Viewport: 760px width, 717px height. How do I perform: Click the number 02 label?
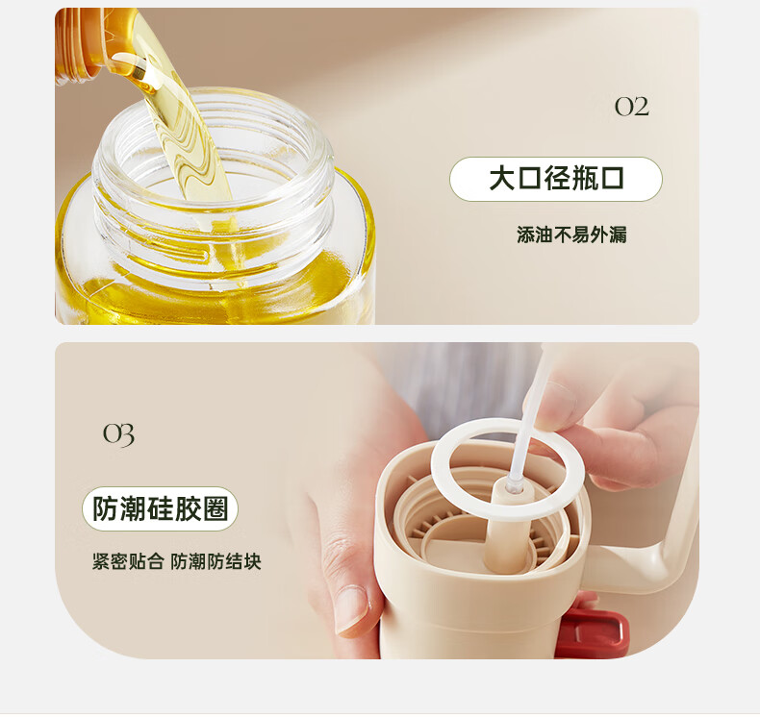click(x=632, y=107)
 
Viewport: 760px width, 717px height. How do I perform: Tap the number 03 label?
click(x=118, y=434)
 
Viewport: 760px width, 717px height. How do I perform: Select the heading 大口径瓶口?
click(x=556, y=179)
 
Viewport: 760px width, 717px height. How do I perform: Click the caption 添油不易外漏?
click(x=571, y=235)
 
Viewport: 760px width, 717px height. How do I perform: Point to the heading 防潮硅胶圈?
click(x=160, y=508)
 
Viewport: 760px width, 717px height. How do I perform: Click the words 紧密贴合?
click(x=128, y=561)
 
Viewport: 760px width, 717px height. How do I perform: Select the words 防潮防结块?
click(x=215, y=561)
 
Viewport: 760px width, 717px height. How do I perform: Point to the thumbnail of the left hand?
click(x=351, y=609)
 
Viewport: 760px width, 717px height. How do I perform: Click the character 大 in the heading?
click(x=502, y=179)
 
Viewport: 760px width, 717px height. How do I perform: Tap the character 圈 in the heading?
click(x=215, y=508)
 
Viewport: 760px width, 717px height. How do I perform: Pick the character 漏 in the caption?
click(x=618, y=235)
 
